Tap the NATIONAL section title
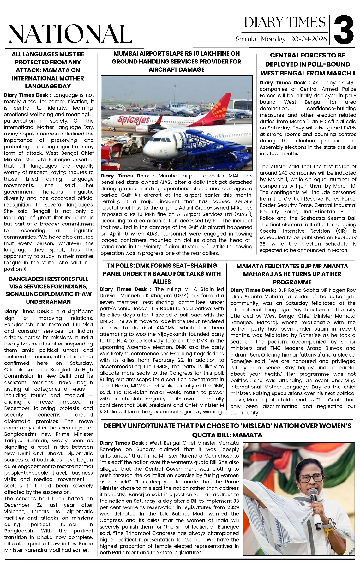click(x=70, y=34)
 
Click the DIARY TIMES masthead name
click(x=285, y=23)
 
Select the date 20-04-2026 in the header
click(x=309, y=39)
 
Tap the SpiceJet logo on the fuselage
click(x=133, y=120)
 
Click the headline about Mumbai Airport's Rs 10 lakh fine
click(x=177, y=62)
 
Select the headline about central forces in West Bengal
click(x=308, y=64)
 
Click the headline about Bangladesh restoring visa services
click(x=48, y=290)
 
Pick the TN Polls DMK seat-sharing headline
click(x=162, y=273)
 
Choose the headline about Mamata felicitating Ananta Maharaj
click(x=292, y=274)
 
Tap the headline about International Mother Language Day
click(x=48, y=70)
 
